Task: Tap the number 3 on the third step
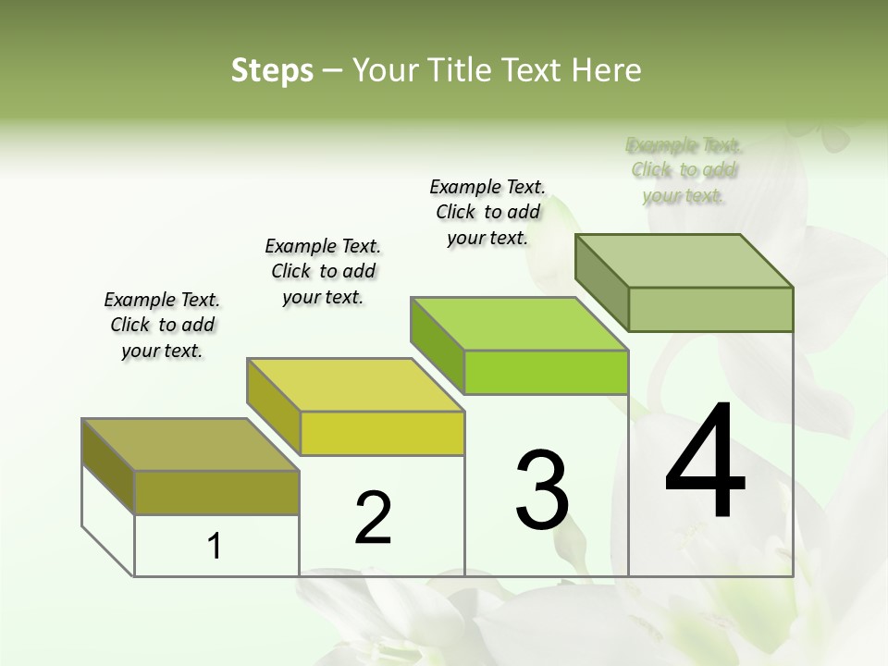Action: pos(542,490)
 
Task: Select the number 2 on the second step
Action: pos(373,518)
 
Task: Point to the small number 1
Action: pos(215,546)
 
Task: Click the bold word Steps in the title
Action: pos(272,70)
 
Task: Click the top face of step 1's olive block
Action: pos(191,445)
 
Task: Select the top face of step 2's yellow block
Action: pos(355,385)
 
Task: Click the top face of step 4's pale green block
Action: pos(684,261)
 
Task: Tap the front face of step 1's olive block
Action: pos(217,492)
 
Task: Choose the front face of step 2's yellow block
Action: pos(382,433)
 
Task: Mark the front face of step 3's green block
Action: pos(547,372)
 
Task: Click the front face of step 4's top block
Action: pos(710,309)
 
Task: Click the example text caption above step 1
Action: pos(162,325)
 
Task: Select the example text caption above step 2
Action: pos(323,271)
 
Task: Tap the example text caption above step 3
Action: pos(487,212)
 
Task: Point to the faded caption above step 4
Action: pos(684,170)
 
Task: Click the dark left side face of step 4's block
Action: pos(602,282)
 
